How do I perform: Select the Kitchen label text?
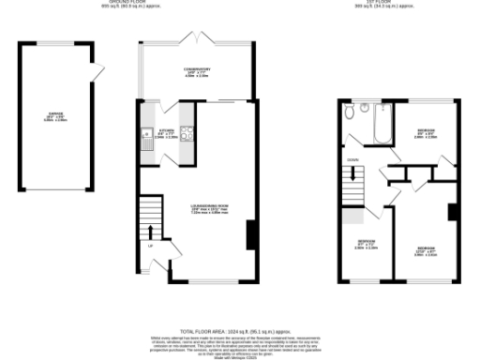167,134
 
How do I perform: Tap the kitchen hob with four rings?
186,140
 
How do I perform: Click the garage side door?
95,71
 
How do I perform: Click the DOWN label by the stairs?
352,160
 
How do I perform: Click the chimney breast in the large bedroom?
454,212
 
